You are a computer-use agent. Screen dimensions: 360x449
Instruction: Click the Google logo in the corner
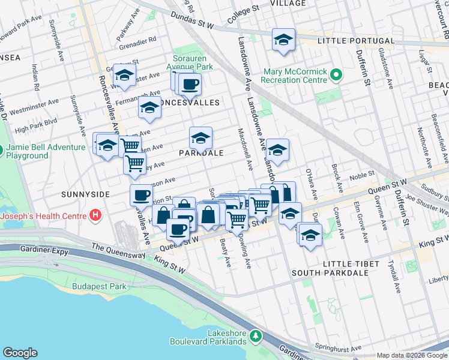click(20, 353)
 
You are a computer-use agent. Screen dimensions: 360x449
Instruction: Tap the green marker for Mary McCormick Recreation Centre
click(336, 76)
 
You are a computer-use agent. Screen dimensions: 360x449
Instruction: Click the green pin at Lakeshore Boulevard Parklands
click(256, 334)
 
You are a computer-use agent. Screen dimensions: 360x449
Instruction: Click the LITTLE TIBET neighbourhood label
click(351, 264)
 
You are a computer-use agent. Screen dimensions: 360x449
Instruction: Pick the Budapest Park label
click(99, 286)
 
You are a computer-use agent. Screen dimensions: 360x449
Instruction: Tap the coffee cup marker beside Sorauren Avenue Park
click(190, 83)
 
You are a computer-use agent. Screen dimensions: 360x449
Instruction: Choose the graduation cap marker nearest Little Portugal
click(283, 40)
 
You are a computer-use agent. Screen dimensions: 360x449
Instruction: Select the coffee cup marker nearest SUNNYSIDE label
click(142, 195)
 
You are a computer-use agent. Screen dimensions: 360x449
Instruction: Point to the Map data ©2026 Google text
click(411, 355)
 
